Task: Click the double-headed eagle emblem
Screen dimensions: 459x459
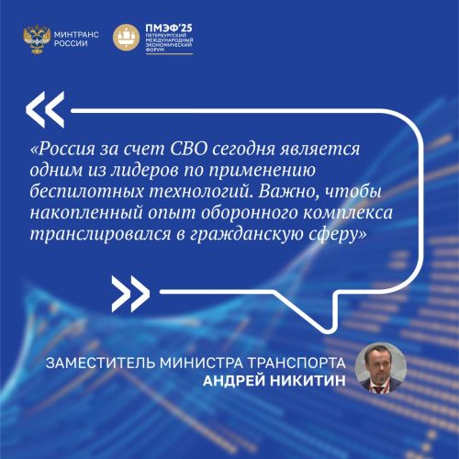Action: pyautogui.click(x=37, y=39)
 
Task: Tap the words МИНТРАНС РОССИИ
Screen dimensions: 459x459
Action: pyautogui.click(x=76, y=39)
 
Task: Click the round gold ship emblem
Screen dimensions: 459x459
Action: pyautogui.click(x=127, y=38)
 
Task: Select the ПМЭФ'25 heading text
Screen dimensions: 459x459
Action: pyautogui.click(x=169, y=28)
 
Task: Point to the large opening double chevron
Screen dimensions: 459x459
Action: pyautogui.click(x=45, y=109)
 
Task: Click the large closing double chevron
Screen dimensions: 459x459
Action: pyautogui.click(x=130, y=294)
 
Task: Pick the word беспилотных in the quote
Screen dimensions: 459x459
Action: pyautogui.click(x=87, y=192)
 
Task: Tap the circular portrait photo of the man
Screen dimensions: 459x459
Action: pyautogui.click(x=381, y=368)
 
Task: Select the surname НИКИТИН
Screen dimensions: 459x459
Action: pyautogui.click(x=308, y=381)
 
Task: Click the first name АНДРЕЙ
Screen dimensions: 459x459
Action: pyautogui.click(x=234, y=380)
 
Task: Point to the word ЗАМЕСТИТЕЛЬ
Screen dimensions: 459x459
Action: pyautogui.click(x=101, y=363)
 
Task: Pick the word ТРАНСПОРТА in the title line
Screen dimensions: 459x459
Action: pyautogui.click(x=297, y=363)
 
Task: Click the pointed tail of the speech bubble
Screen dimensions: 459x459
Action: pyautogui.click(x=327, y=330)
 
